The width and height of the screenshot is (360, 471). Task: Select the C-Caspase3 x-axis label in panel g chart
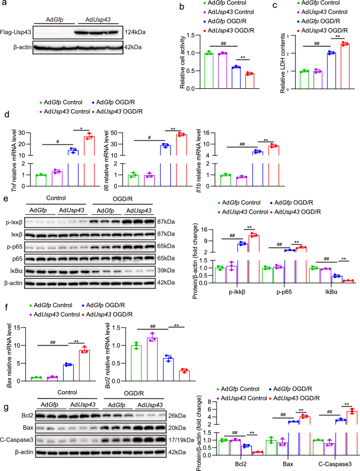click(332, 464)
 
